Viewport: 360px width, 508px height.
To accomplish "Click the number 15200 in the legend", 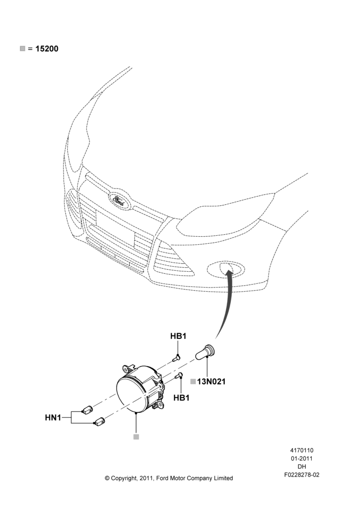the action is pos(47,49).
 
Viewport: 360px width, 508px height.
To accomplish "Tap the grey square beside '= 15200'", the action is pos(22,49).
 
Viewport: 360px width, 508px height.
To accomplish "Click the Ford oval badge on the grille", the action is pos(118,200).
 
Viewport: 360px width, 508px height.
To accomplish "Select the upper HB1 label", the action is pos(178,336).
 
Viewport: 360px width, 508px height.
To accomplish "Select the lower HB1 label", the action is pos(182,398).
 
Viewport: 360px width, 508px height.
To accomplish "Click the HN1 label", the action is pos(53,418).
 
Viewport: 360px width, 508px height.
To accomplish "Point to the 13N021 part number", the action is pos(211,382).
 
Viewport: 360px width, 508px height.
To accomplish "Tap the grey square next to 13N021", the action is pos(193,382).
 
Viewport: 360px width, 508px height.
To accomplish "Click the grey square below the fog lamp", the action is pos(136,437).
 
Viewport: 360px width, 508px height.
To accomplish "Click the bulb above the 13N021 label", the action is pos(206,352).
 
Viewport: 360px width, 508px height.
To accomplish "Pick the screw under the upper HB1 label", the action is pos(176,358).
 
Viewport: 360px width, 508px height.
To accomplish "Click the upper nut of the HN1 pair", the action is pos(87,410).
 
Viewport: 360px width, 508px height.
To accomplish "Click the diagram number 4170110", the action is pos(302,450).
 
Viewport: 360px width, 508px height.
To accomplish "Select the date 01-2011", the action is pos(302,458).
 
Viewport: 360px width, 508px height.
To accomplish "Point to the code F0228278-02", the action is pos(302,475).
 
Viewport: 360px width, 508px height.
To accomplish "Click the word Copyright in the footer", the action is pos(124,478).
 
